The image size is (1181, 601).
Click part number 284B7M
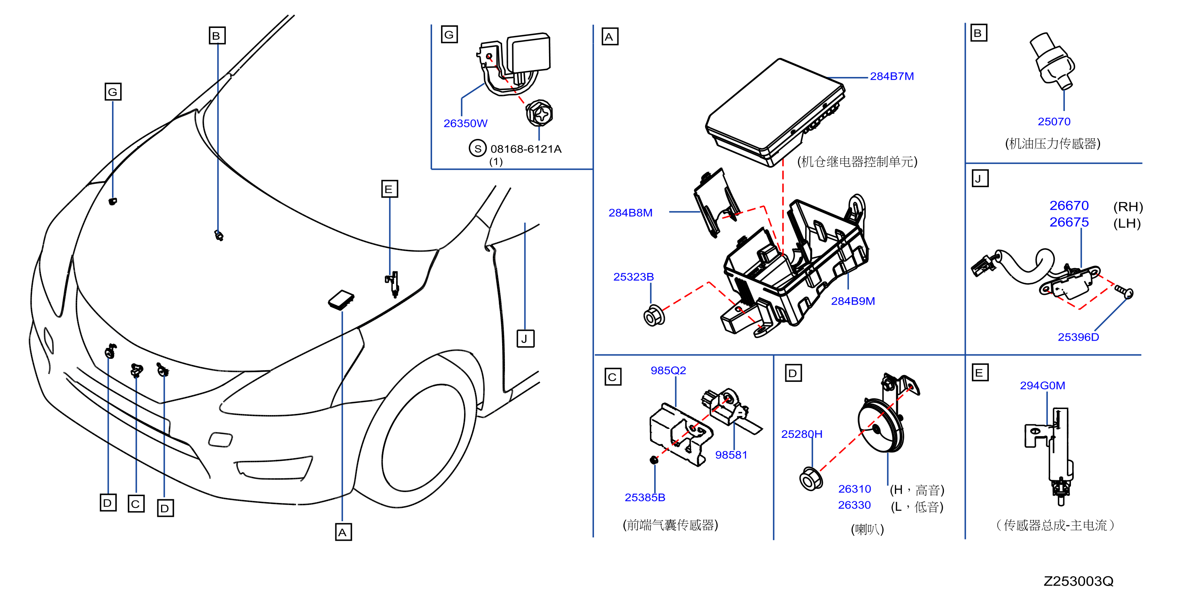click(892, 76)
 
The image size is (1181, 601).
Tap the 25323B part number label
click(633, 277)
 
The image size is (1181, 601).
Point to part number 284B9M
click(853, 301)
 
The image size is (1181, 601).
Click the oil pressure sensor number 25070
click(1054, 121)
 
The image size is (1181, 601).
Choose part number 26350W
click(465, 123)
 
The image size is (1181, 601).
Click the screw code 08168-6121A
click(526, 149)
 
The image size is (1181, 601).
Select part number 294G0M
click(1042, 386)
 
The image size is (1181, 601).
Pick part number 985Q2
click(668, 370)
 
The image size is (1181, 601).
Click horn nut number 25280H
click(801, 434)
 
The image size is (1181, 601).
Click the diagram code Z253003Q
click(1078, 581)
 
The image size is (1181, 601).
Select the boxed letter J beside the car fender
click(526, 339)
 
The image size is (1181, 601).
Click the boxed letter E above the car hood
click(389, 189)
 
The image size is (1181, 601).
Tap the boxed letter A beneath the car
click(343, 532)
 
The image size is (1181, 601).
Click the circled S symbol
click(477, 148)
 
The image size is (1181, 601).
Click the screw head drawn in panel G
click(539, 113)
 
